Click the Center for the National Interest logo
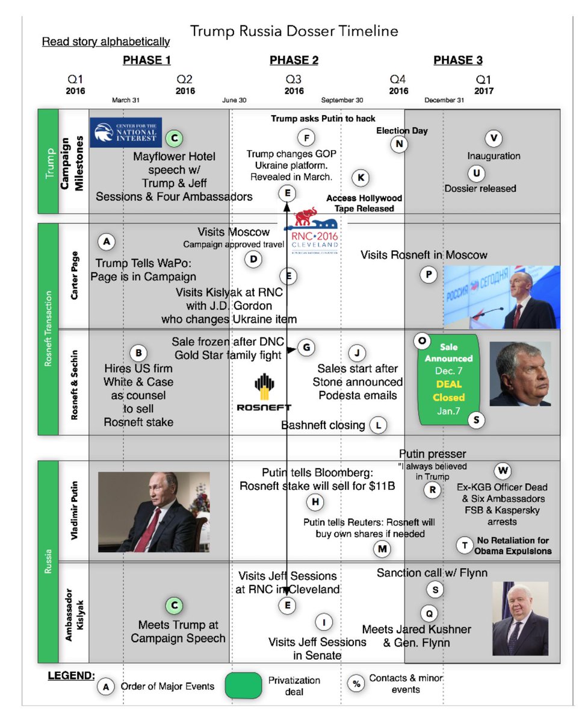point(126,133)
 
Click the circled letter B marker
point(138,352)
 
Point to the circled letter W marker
point(503,471)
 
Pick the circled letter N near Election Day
point(398,143)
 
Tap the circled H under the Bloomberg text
point(314,502)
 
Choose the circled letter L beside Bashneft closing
point(378,425)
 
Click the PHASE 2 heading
point(294,60)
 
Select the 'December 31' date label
point(444,100)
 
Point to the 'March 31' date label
point(125,100)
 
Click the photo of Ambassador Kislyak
point(520,618)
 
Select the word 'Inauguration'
point(494,156)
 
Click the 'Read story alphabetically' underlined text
point(105,42)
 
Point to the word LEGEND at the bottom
point(71,675)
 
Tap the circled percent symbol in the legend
point(357,683)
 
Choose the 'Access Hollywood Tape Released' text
point(364,203)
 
